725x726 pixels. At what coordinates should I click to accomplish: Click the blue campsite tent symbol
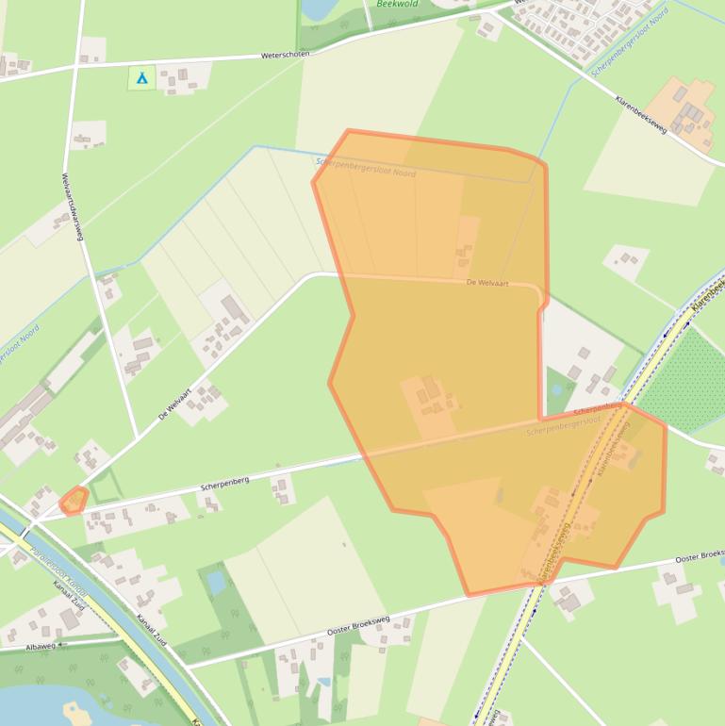141,77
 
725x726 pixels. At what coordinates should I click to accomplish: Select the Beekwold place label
397,4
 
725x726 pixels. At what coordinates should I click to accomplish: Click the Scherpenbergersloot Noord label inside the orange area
366,167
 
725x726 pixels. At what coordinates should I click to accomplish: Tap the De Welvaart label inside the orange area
486,282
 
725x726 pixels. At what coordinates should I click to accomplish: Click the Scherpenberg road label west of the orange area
224,484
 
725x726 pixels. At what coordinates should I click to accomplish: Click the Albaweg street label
41,646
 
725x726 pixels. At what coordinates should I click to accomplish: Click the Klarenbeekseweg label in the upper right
641,112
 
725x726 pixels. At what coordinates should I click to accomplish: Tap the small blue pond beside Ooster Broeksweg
217,583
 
